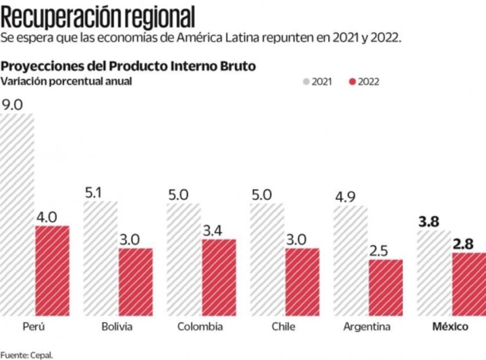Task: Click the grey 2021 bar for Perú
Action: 17,215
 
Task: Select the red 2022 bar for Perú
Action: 52,271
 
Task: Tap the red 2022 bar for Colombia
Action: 219,278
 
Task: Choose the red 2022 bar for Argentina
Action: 386,287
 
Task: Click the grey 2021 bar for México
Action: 434,273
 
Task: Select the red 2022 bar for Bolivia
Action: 135,282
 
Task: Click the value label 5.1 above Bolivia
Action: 93,193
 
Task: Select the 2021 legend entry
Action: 318,82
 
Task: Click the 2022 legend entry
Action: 363,82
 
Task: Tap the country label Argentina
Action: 366,327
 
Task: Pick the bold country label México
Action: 450,327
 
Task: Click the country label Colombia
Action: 200,327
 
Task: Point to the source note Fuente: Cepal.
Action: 26,354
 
